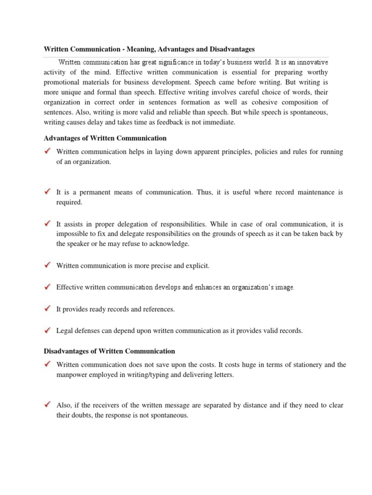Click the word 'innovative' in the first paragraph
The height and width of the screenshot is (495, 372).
coord(312,62)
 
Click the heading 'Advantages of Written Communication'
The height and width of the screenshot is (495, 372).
coord(105,138)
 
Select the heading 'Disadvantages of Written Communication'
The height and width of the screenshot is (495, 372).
coord(109,351)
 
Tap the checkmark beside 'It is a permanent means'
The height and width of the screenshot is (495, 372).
coord(47,192)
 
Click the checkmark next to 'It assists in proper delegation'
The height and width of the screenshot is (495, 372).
coord(47,224)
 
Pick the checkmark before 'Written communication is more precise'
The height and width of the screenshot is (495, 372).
coord(47,265)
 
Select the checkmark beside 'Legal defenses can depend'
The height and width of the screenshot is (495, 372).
coord(47,331)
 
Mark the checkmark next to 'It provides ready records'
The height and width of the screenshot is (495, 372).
coord(47,309)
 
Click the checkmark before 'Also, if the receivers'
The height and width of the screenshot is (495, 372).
coord(47,405)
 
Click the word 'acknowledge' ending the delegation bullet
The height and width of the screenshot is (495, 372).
coord(169,244)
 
